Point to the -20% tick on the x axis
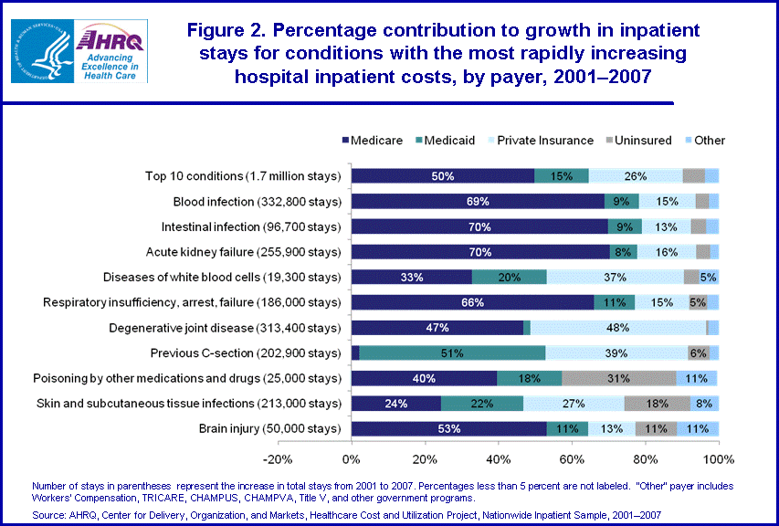pos(277,458)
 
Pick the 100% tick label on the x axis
pos(719,458)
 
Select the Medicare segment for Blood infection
pos(478,201)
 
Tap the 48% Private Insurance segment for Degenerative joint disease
pos(617,327)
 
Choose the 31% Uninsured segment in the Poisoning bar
pos(619,378)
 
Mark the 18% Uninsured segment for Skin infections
pos(658,403)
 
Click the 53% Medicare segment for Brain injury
pos(448,428)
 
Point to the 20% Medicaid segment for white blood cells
pos(509,277)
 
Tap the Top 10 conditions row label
pos(242,176)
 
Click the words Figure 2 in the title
pos(229,30)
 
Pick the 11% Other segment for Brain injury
pos(698,428)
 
